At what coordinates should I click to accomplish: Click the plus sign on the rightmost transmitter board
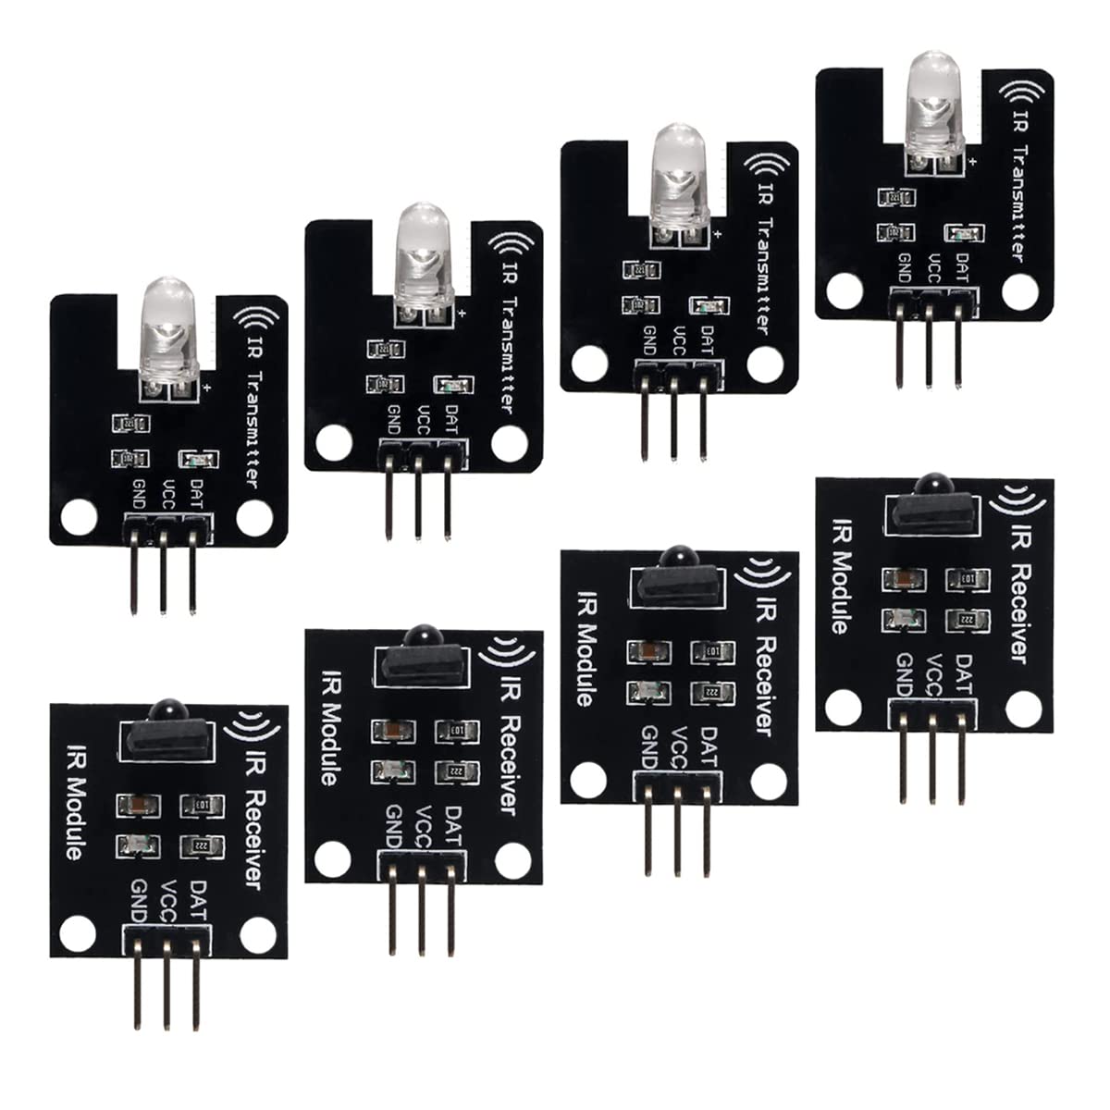coord(974,161)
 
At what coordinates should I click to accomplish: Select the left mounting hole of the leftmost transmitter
coord(78,515)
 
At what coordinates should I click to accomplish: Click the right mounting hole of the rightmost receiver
coord(1022,709)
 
